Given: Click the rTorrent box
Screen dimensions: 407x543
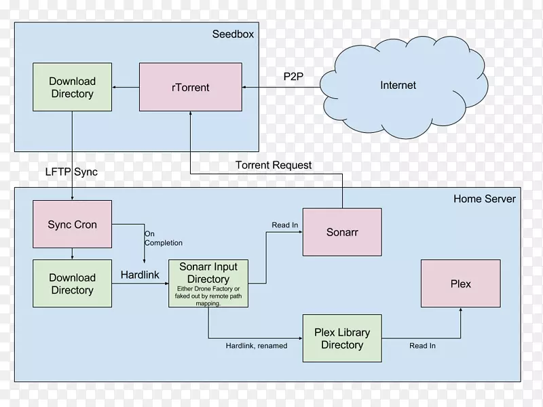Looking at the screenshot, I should click(x=191, y=87).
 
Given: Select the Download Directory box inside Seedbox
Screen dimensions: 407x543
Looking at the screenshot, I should click(x=72, y=88).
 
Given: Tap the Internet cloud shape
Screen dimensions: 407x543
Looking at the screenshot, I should click(x=398, y=85).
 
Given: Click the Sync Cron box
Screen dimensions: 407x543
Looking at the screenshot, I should click(x=72, y=225).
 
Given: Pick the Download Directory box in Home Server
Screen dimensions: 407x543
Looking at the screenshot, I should click(x=72, y=284).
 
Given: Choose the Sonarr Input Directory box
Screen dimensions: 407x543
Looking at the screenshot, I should click(x=208, y=283).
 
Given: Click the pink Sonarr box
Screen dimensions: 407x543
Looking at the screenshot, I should click(x=341, y=232).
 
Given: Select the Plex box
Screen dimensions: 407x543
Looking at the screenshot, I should click(x=460, y=284).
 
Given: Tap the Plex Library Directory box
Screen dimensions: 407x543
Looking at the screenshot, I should click(x=341, y=338).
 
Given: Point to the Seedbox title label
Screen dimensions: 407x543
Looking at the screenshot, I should click(x=233, y=34).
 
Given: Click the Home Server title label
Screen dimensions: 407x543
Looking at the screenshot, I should click(x=484, y=199).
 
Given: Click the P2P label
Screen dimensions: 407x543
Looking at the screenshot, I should click(x=293, y=76).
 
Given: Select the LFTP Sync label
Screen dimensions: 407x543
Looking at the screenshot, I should click(x=71, y=172).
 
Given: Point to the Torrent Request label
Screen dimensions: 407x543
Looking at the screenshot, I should click(x=274, y=165).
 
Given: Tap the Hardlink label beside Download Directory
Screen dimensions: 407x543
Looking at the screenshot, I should click(x=140, y=275).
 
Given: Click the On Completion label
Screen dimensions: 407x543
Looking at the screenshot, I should click(x=163, y=238).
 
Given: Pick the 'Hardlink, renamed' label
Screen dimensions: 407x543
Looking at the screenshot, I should click(x=256, y=346).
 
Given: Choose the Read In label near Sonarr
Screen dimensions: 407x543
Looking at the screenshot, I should click(x=285, y=225).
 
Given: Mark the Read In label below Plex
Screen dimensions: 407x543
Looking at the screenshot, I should click(x=422, y=346).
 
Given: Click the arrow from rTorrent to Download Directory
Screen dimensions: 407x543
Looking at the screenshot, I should click(x=126, y=88).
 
